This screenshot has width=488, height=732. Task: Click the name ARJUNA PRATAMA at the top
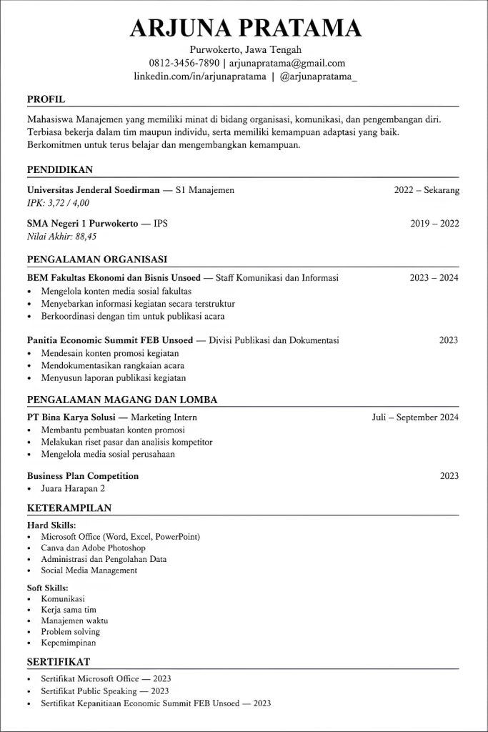click(245, 28)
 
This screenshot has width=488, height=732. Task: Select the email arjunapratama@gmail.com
click(287, 63)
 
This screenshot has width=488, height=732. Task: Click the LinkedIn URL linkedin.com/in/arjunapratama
click(200, 76)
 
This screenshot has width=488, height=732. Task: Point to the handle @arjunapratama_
click(319, 76)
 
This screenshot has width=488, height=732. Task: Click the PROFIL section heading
click(46, 99)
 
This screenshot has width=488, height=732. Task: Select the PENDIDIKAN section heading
click(60, 169)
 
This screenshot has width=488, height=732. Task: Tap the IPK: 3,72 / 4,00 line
click(59, 203)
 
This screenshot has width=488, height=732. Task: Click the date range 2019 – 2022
click(434, 223)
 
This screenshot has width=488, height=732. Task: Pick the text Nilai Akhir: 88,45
click(61, 236)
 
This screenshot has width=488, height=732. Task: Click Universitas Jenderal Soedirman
click(93, 190)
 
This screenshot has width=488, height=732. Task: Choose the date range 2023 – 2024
click(434, 277)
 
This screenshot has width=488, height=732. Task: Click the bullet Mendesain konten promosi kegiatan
click(110, 353)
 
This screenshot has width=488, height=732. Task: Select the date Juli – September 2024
click(415, 417)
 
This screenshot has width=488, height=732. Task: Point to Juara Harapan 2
click(73, 488)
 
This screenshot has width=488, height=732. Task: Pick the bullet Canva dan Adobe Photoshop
click(93, 548)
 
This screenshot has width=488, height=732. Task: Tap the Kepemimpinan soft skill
click(69, 643)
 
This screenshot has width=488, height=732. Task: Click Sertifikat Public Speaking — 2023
click(105, 691)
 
